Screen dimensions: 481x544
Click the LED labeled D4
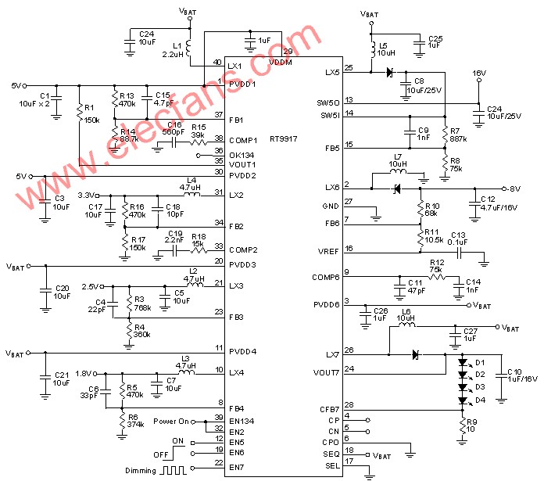463,400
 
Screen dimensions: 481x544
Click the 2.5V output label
90,285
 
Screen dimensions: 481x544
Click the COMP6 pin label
326,277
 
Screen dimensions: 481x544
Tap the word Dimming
141,471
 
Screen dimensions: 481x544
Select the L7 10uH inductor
398,171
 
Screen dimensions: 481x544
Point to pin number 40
217,62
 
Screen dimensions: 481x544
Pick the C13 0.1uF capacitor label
458,239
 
